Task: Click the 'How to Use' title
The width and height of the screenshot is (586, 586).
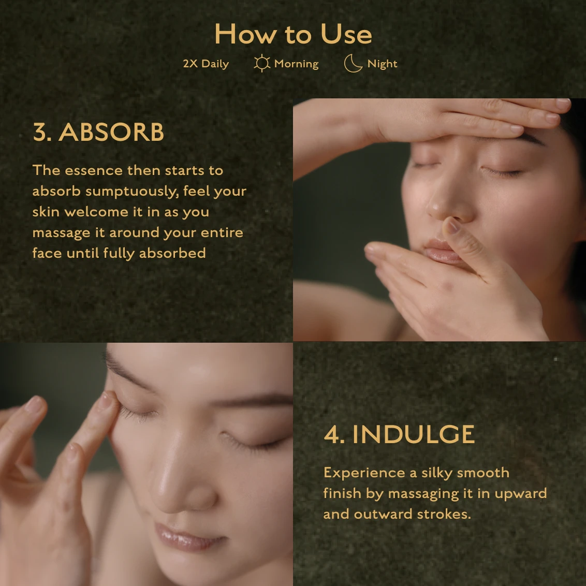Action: coord(294,34)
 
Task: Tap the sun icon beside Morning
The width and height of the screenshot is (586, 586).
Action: coord(262,63)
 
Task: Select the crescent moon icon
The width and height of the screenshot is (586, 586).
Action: coord(353,63)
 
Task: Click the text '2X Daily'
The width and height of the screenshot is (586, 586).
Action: coord(206,64)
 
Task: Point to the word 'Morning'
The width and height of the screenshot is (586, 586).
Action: coord(296,64)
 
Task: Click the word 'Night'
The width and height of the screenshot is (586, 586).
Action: coord(382,64)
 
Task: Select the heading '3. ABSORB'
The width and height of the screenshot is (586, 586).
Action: coord(98,132)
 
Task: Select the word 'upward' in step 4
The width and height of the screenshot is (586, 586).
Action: coord(521,494)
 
